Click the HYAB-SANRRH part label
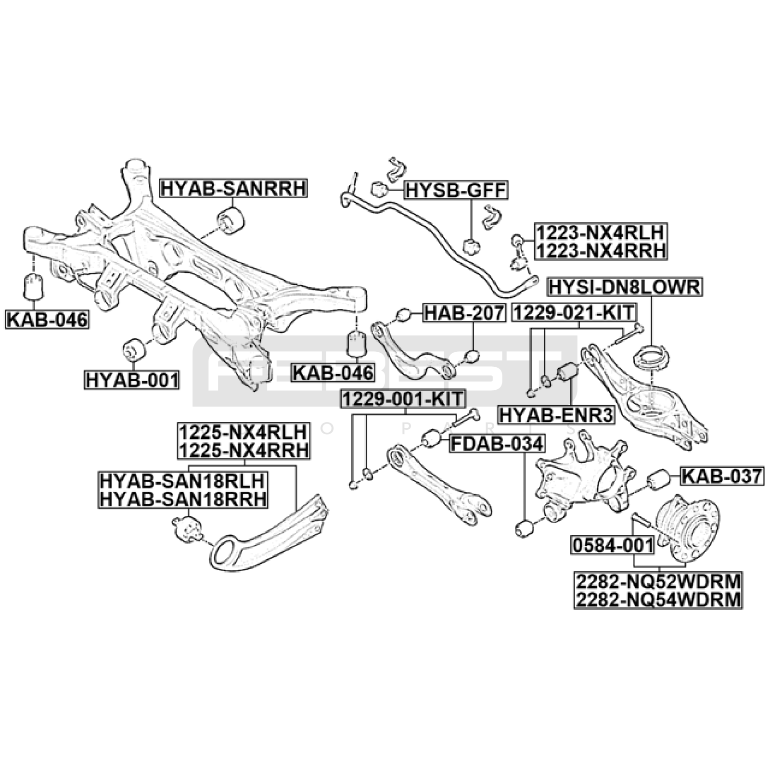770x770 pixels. tap(233, 188)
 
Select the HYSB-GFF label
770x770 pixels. tap(456, 191)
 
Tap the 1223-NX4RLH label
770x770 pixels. tap(600, 233)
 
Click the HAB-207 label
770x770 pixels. tap(464, 313)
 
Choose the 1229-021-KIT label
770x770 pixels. tap(574, 313)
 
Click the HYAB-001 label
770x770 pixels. tap(132, 380)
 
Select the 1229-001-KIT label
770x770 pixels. tap(403, 399)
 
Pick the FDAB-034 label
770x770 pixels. tap(497, 444)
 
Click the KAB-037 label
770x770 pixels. tap(722, 476)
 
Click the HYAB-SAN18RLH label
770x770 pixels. tap(182, 481)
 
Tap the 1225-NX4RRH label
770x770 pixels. tap(244, 450)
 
